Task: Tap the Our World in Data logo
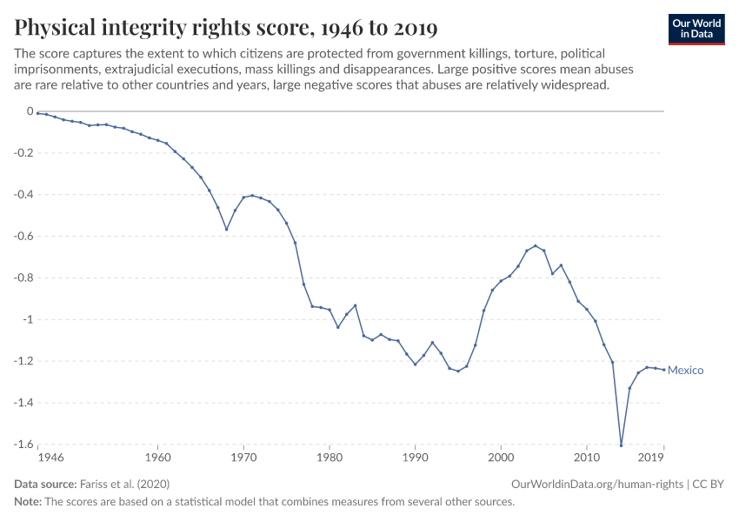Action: (x=696, y=29)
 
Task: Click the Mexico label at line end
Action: (x=685, y=371)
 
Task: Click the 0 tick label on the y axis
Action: (x=29, y=111)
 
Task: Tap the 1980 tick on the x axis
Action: (x=330, y=456)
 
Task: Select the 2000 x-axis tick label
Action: (x=501, y=456)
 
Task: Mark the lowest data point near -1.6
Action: (x=621, y=445)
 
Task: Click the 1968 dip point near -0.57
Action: (x=227, y=230)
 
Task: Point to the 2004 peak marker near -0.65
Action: (x=536, y=246)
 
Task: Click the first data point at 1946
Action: (x=38, y=113)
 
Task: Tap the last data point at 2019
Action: (x=664, y=370)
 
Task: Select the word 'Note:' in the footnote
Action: (x=30, y=502)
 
